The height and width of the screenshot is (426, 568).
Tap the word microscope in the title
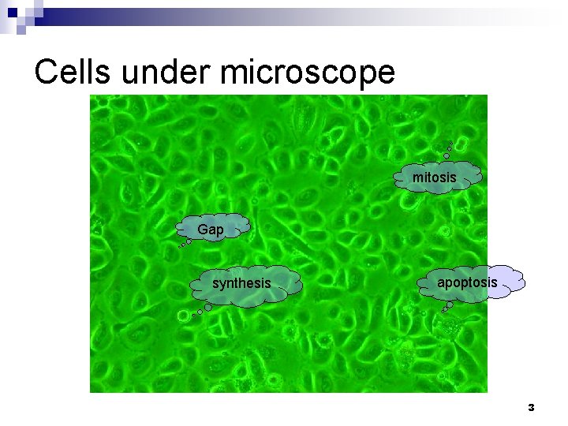(x=308, y=73)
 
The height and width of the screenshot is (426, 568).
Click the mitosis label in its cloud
(x=434, y=178)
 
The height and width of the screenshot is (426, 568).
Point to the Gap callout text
(x=211, y=230)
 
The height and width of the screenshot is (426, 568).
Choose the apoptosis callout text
(x=467, y=282)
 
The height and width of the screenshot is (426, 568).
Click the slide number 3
(x=531, y=408)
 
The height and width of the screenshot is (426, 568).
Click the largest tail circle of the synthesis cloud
(x=184, y=316)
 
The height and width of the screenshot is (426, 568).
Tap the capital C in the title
(x=46, y=73)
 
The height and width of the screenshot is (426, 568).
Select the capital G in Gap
(x=203, y=230)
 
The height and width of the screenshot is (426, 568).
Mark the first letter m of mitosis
(x=417, y=178)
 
